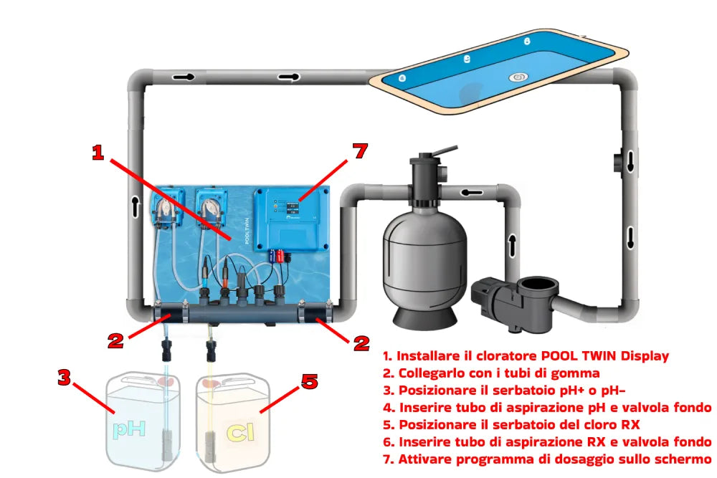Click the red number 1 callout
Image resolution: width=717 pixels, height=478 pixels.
(x=98, y=153)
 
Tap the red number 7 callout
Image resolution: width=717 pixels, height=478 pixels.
(x=360, y=150)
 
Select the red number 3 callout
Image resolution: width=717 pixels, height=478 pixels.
(x=65, y=378)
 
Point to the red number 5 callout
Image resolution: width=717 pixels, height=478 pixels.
(x=310, y=381)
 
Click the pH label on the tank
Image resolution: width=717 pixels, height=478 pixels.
(x=129, y=429)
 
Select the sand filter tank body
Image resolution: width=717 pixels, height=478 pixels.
(x=424, y=257)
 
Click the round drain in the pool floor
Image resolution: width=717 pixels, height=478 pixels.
(x=518, y=77)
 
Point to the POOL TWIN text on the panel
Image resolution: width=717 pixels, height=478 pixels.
(x=247, y=231)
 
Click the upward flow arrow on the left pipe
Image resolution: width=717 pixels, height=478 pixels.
(x=136, y=206)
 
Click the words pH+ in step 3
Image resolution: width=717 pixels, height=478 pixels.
(x=574, y=391)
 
